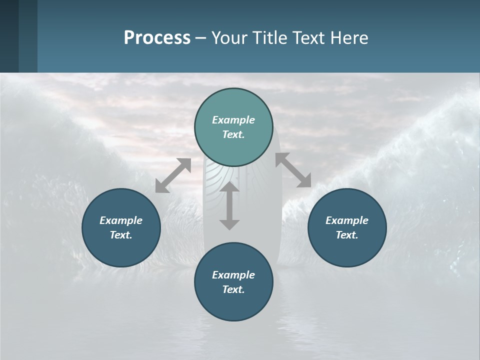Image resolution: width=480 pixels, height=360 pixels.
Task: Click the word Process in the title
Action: point(157,38)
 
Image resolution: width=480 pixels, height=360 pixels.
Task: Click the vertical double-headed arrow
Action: point(229,205)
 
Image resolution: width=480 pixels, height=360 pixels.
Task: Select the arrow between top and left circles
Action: point(173,175)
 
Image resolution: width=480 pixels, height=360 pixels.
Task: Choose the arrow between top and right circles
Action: point(293,170)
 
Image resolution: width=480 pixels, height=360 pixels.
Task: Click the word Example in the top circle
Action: point(233,120)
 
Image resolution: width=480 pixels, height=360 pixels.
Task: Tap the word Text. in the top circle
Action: point(233,134)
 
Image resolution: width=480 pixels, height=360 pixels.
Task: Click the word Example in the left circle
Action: point(121,220)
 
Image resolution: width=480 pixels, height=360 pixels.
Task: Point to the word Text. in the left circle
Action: point(121,235)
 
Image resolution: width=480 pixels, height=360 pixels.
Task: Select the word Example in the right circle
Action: point(347,220)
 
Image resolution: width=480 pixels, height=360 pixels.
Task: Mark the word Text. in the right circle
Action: point(347,235)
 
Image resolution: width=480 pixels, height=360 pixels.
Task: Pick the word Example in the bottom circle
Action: point(233,275)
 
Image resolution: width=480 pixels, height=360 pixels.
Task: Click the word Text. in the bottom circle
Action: point(233,289)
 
